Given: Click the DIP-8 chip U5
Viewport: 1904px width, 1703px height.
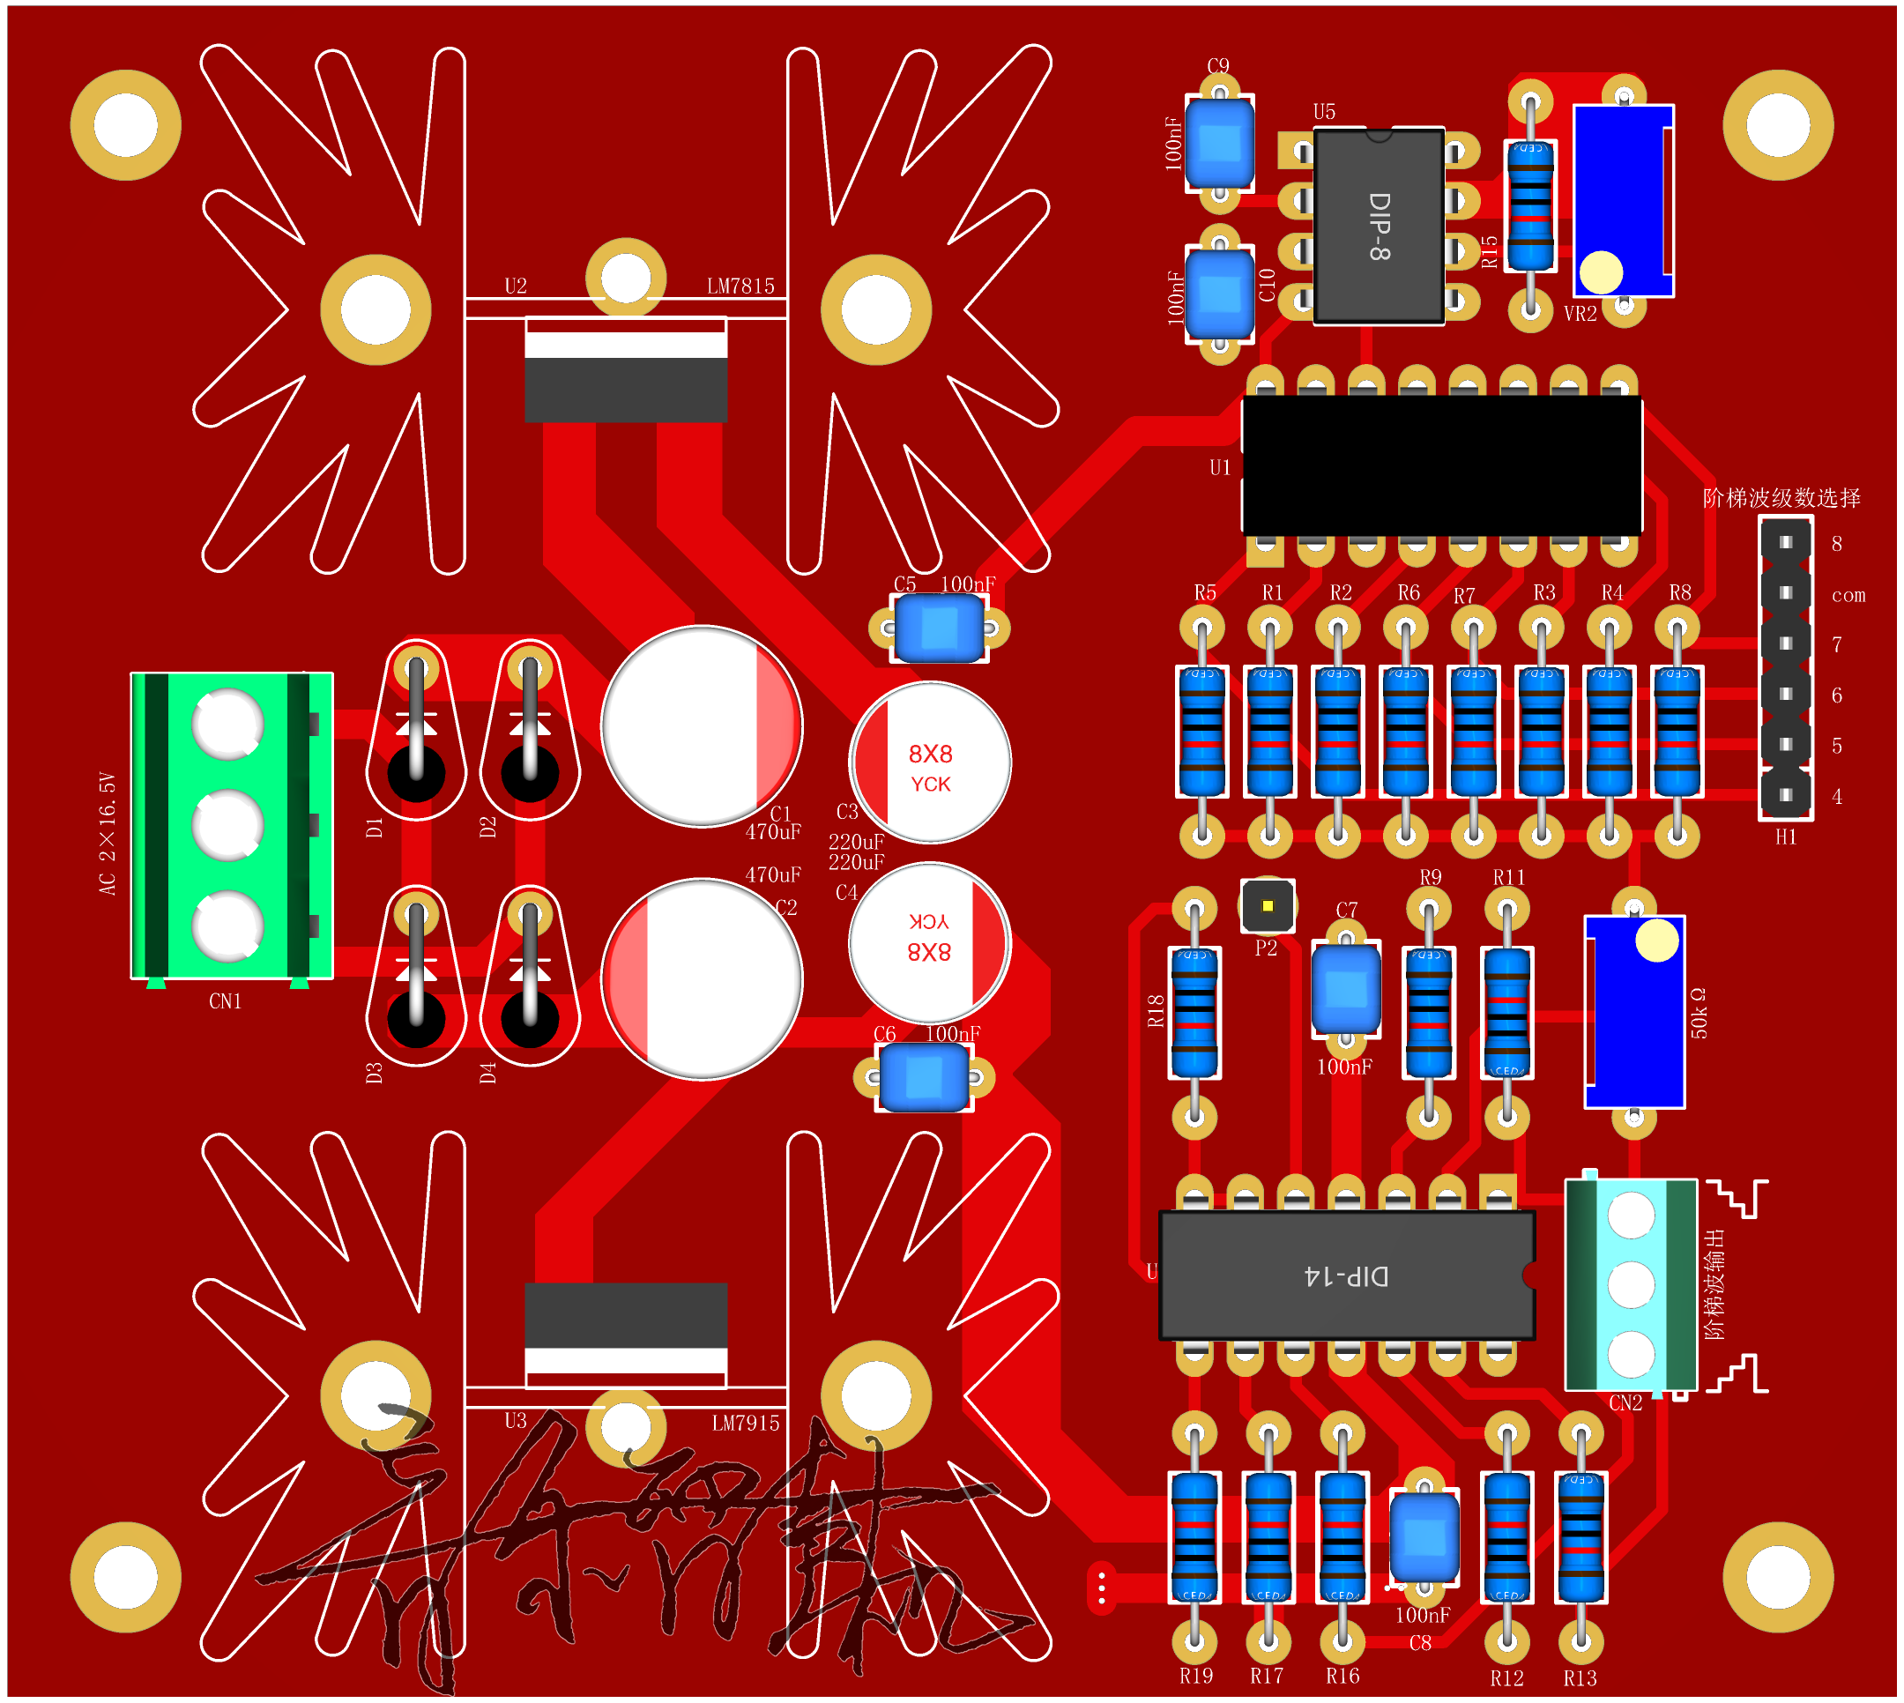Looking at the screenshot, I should coord(1377,227).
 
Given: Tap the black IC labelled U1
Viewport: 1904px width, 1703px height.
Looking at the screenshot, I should coord(1441,465).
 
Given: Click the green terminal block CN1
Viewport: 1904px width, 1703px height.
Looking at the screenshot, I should coord(231,825).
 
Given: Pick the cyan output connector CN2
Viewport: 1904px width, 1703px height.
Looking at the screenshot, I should coord(1630,1284).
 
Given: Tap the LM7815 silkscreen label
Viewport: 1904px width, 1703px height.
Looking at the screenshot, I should coord(740,286).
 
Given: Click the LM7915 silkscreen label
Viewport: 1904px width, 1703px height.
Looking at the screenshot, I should coord(745,1424).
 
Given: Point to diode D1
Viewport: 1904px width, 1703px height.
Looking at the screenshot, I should coord(416,730).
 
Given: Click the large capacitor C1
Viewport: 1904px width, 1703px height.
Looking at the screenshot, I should coord(701,726).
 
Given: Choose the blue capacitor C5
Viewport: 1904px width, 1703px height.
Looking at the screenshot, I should coord(939,628).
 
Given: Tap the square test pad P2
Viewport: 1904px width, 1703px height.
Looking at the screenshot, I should coord(1267,906).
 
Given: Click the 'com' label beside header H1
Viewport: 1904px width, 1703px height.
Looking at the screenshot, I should coord(1847,595).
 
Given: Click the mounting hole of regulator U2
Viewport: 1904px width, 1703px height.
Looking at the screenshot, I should coord(625,278).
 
